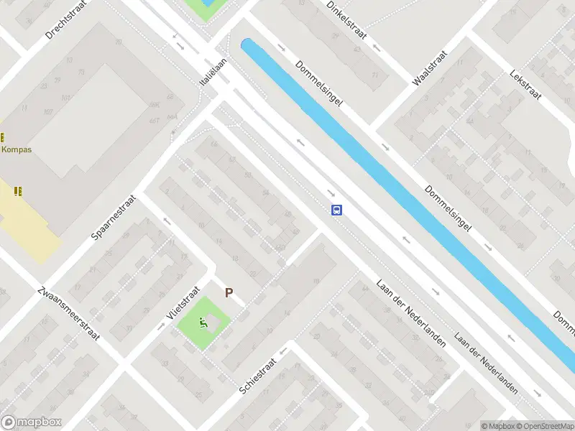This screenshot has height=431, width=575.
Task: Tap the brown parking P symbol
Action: pos(229,292)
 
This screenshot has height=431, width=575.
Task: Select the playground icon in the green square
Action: pos(204,323)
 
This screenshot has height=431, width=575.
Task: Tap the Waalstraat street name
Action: pos(430,68)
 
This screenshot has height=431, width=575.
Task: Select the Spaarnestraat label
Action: pos(114,215)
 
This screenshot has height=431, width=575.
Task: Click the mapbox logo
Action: pos(32,422)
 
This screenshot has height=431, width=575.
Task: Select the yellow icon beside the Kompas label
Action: pos(2,136)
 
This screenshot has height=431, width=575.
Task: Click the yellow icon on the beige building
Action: pos(17,190)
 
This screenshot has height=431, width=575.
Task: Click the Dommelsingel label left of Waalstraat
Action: pos(318,84)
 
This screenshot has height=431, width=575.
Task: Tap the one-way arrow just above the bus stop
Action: pos(331,193)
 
